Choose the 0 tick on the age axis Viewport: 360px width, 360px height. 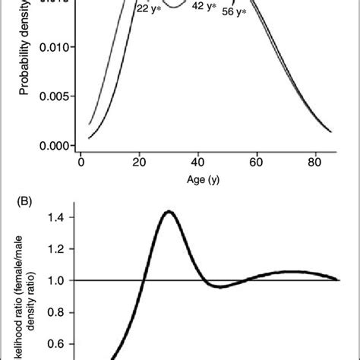click(x=81, y=161)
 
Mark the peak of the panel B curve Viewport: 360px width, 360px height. click(x=169, y=212)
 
